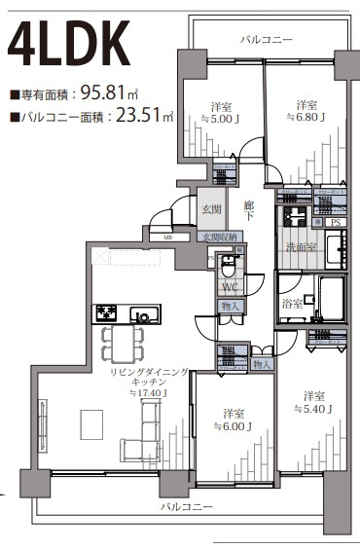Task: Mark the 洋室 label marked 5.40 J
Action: coord(312,396)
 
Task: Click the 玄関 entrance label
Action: coord(213,208)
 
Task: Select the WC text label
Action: coord(230,287)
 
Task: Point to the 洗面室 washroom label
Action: coord(299,247)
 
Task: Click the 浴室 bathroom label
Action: coord(291,304)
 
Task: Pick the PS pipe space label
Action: coord(336,223)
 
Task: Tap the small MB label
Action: coord(168,236)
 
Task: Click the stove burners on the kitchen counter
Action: coord(106,313)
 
